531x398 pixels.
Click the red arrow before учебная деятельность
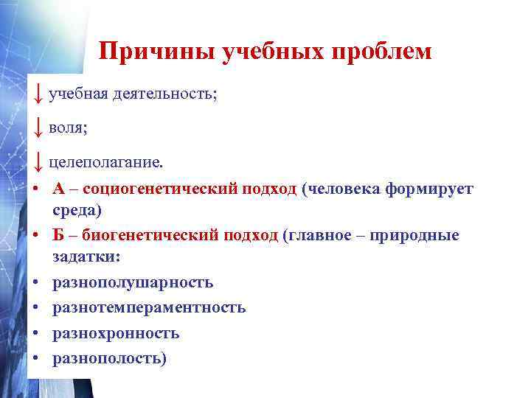37,94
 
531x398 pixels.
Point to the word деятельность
166,95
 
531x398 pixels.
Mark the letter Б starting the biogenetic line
58,235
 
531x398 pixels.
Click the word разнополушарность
133,282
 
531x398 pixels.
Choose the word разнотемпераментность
149,307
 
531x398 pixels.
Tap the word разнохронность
116,333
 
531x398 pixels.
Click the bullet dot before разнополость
35,358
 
